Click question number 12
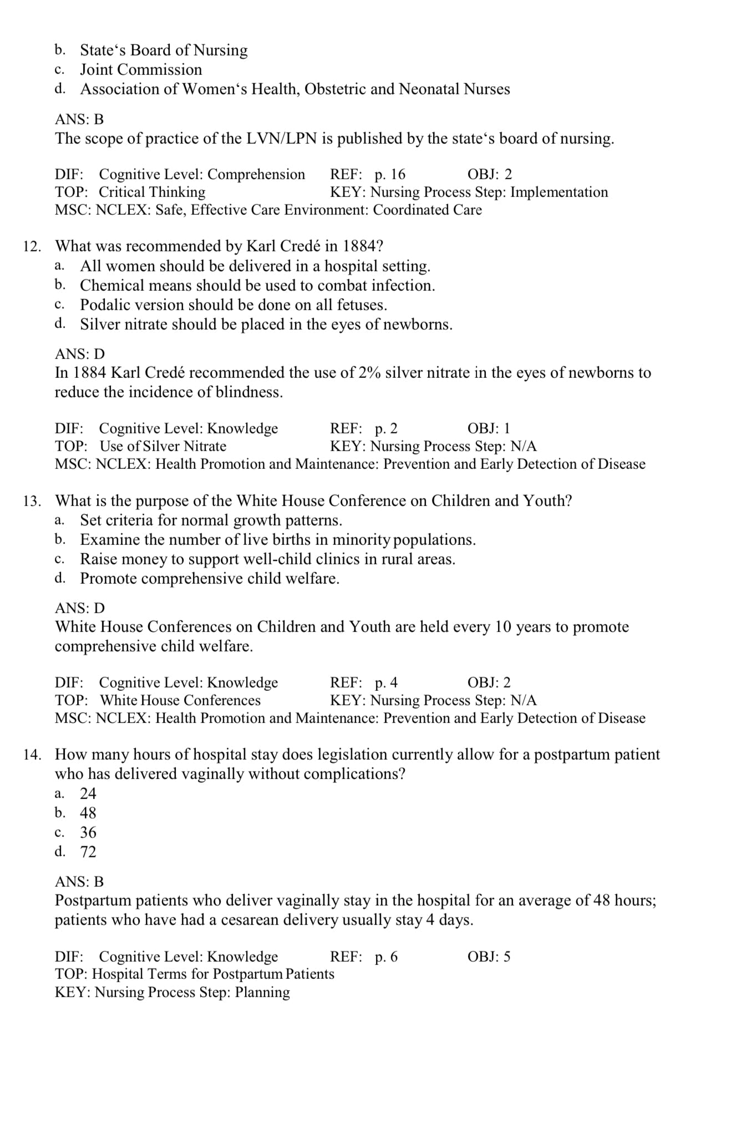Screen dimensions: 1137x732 pos(32,246)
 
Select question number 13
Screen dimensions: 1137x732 pos(32,501)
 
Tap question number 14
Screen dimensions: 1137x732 pos(32,755)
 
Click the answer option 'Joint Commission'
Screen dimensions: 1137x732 pos(141,70)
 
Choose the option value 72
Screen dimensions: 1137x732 pos(88,852)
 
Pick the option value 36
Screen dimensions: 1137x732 pos(88,832)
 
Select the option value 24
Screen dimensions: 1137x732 pos(88,794)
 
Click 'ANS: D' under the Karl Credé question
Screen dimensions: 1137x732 pos(79,354)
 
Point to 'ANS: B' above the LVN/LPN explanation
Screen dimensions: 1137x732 pos(79,119)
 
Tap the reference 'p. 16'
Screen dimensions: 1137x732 pos(390,175)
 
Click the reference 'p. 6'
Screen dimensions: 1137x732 pos(386,957)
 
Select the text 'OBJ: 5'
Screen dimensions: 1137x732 pos(489,957)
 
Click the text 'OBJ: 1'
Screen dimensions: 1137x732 pos(489,429)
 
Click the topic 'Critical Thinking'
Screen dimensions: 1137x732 pos(152,193)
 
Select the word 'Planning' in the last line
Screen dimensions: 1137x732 pos(262,992)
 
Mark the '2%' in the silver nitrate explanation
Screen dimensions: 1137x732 pos(369,373)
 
